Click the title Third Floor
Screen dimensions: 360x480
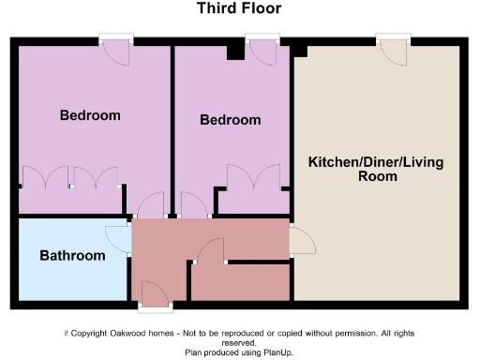click(x=238, y=9)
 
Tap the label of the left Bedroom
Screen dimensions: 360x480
click(x=90, y=115)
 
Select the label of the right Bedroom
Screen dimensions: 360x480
click(x=230, y=120)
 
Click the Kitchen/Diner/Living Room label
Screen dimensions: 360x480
click(x=376, y=169)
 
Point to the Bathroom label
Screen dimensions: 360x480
click(x=71, y=255)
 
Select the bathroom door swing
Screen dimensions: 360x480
click(x=119, y=239)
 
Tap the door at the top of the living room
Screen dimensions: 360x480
click(x=394, y=52)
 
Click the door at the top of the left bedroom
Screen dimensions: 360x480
click(x=118, y=52)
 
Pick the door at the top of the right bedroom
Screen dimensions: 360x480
click(x=262, y=52)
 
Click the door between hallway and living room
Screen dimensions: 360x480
click(x=302, y=241)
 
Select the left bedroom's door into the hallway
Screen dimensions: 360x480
click(x=150, y=205)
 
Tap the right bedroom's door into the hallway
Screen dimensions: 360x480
click(x=194, y=205)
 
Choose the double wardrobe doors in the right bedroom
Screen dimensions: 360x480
click(x=253, y=177)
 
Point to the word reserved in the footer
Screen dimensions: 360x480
click(x=239, y=342)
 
